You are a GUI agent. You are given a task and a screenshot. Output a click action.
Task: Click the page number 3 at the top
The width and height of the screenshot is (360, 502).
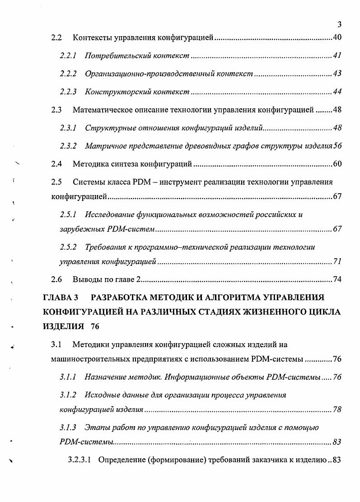(x=339, y=24)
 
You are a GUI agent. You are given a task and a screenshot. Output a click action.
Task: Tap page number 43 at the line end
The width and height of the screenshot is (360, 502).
(x=337, y=74)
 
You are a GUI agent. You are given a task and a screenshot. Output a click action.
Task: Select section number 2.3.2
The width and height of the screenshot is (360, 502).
(x=68, y=146)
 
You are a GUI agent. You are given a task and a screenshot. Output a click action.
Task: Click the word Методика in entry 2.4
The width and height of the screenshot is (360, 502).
(x=88, y=164)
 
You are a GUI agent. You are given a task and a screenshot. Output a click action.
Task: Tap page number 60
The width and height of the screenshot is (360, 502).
(x=337, y=164)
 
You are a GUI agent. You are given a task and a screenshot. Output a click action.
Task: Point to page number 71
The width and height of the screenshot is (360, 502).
(x=337, y=262)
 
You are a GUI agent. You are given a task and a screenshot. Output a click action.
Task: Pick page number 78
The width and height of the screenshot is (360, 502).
(x=337, y=410)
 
